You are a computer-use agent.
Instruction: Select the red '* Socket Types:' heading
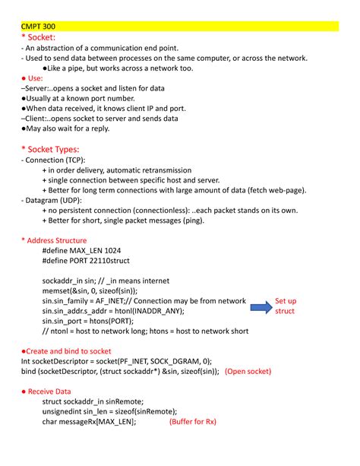(50, 149)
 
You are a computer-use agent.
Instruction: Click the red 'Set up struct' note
(286, 306)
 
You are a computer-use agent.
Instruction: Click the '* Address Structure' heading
(54, 240)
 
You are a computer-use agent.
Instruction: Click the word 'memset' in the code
(58, 290)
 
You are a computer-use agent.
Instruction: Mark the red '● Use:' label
(32, 78)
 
